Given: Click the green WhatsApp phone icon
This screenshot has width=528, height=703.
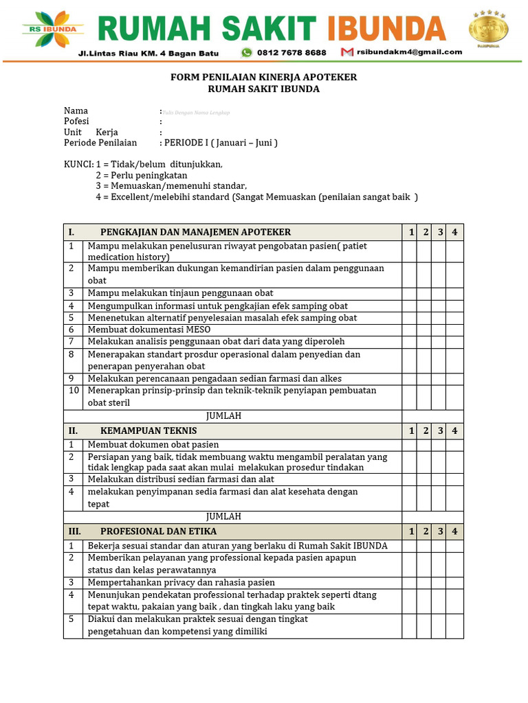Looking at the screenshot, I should pyautogui.click(x=246, y=52).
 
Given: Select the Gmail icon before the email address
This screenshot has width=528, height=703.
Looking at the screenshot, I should pyautogui.click(x=347, y=52).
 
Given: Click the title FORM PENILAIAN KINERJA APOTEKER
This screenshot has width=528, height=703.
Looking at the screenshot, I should pyautogui.click(x=263, y=77).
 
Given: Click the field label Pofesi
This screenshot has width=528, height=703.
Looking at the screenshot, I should pyautogui.click(x=76, y=122).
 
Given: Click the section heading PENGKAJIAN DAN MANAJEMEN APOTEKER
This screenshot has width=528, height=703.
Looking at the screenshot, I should pyautogui.click(x=195, y=232).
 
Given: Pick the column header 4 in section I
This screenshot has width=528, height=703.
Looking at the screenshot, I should pyautogui.click(x=454, y=232).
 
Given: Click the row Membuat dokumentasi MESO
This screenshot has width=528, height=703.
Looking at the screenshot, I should pyautogui.click(x=149, y=330).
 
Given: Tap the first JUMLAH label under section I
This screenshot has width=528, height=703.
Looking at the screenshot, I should pyautogui.click(x=223, y=415).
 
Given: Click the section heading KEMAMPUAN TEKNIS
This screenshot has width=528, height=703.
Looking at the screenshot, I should pyautogui.click(x=148, y=430).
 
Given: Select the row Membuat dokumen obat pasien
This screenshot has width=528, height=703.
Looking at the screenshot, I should pyautogui.click(x=153, y=444).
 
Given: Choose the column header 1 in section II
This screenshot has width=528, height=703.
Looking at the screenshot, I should pyautogui.click(x=411, y=430).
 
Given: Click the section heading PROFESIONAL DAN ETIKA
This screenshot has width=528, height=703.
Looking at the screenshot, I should pyautogui.click(x=158, y=531).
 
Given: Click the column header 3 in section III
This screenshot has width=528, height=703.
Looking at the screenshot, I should pyautogui.click(x=440, y=531).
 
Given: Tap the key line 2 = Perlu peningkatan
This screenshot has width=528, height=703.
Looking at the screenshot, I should pyautogui.click(x=141, y=175).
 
